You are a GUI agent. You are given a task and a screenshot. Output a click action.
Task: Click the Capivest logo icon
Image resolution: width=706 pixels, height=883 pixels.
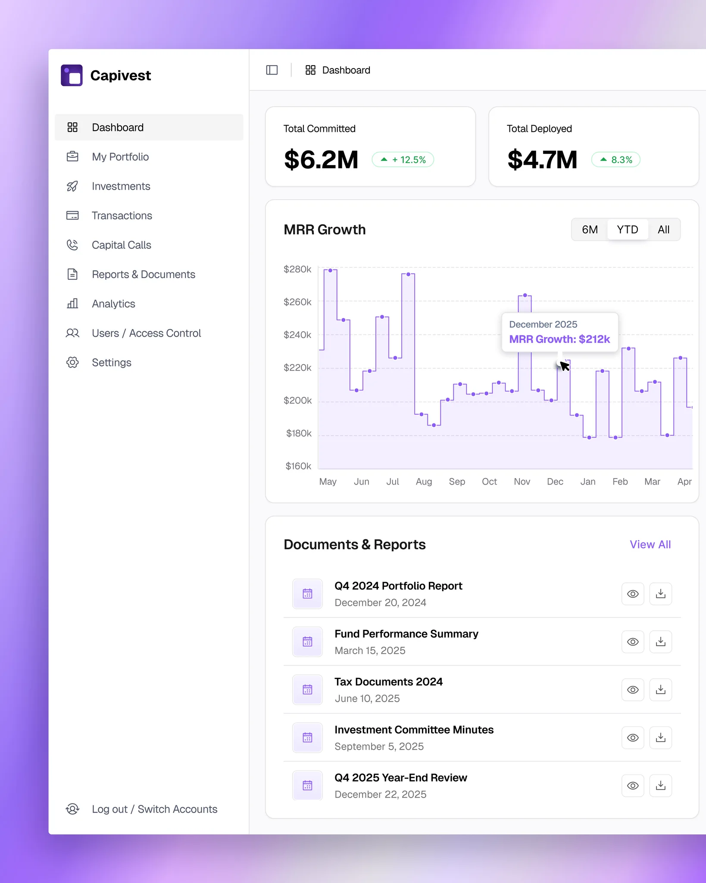72,75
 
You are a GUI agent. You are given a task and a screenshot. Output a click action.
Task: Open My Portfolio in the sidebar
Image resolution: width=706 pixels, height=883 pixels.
120,157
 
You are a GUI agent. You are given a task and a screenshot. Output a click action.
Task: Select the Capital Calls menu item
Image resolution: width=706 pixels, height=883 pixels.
121,245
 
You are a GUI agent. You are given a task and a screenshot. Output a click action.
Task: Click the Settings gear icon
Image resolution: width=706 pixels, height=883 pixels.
72,363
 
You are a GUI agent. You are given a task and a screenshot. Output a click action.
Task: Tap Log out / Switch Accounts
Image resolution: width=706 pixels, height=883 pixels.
154,809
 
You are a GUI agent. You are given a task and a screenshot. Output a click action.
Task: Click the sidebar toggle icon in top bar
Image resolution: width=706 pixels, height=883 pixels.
272,70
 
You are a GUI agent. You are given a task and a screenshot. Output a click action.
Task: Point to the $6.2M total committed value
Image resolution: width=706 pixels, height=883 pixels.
321,160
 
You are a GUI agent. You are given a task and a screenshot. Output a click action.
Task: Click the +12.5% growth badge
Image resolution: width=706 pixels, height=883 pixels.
403,160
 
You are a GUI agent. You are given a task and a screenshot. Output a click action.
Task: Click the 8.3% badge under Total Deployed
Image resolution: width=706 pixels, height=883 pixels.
616,160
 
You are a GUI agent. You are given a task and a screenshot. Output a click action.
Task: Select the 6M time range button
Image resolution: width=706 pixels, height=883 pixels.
590,229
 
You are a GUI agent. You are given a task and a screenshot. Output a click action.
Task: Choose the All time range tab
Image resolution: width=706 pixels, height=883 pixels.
664,229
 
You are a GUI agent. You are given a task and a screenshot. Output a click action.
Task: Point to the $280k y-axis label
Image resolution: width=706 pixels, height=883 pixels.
297,269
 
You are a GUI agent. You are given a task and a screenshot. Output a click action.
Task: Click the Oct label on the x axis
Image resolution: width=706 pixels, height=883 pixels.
489,482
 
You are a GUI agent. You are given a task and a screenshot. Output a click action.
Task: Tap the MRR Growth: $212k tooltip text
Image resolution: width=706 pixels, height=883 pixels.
559,339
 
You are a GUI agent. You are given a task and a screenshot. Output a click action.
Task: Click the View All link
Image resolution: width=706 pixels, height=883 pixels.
650,545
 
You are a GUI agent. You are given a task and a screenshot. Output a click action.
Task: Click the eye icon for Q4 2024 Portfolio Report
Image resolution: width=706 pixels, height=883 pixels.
633,594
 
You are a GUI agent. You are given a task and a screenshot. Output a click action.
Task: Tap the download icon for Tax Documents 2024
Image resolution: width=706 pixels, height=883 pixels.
660,690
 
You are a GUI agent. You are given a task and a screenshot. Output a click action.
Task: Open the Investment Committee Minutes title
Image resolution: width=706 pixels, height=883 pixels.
414,730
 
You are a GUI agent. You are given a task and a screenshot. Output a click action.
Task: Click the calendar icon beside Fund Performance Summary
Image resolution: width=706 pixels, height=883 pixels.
307,642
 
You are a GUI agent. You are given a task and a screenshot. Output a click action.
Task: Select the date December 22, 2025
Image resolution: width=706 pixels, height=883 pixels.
380,794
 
